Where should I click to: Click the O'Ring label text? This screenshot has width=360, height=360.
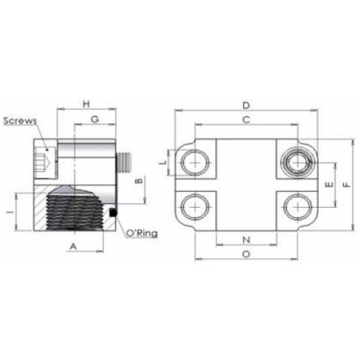144,233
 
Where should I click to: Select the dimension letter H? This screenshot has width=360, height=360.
86,105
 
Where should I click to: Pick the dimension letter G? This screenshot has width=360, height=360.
94,120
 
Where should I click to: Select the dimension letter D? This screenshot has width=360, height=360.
246,105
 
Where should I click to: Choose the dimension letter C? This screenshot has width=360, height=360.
246,120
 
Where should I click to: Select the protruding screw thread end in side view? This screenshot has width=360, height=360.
126,163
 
